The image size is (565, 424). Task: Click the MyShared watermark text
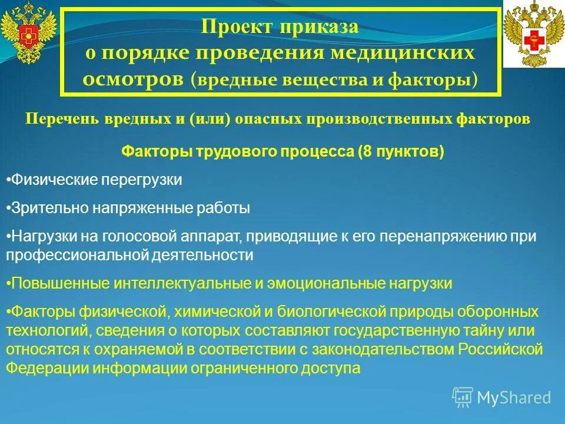(514, 397)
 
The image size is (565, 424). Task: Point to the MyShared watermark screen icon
(463, 397)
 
